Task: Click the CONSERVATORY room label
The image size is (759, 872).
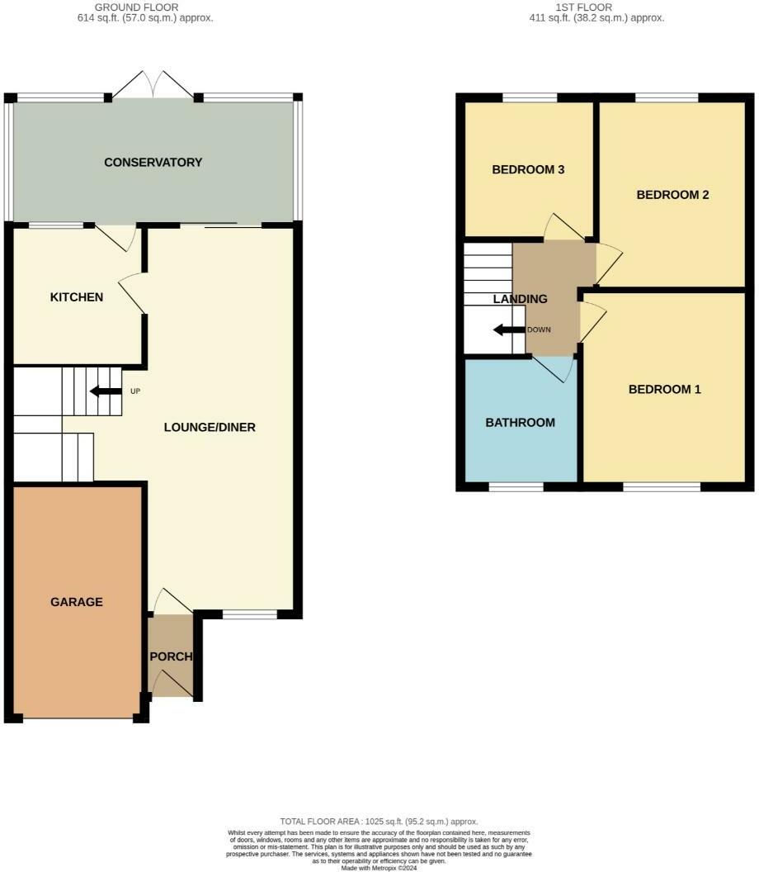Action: (153, 163)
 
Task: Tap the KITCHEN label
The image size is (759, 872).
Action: (77, 297)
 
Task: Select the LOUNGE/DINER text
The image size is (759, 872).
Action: (210, 428)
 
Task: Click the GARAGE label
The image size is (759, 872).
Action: (77, 602)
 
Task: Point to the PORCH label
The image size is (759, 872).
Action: (171, 657)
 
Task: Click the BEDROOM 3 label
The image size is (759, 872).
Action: (528, 170)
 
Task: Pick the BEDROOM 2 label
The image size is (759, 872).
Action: (673, 196)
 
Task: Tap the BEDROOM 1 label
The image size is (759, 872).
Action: (665, 390)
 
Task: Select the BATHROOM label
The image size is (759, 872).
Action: (520, 423)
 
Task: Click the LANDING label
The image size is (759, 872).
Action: (520, 299)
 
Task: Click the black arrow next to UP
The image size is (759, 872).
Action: (106, 391)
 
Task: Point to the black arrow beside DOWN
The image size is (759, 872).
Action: (509, 330)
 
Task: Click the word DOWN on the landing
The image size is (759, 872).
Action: (539, 330)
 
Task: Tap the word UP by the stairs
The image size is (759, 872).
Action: (134, 391)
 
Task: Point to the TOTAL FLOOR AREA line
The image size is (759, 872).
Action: (379, 822)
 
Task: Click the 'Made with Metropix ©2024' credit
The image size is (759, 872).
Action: (379, 868)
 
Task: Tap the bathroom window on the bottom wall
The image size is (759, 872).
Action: (516, 487)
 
